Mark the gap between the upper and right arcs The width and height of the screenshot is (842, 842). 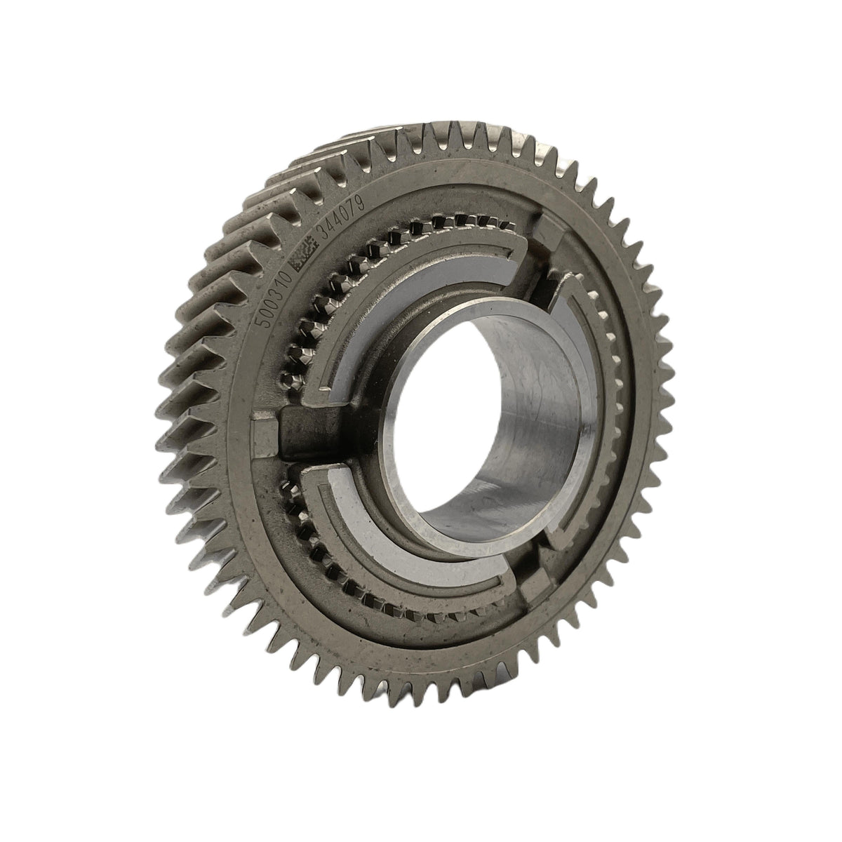(547, 274)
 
